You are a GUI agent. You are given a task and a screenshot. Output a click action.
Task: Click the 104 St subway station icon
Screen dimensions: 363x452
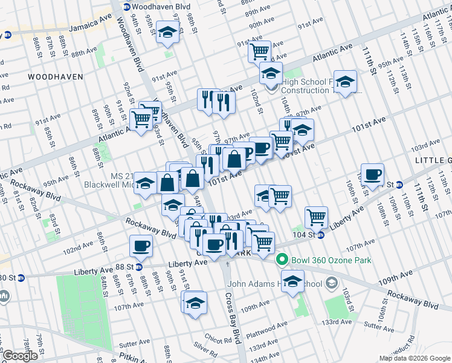pos(321,235)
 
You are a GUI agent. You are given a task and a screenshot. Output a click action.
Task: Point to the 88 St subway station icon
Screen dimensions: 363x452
pos(138,266)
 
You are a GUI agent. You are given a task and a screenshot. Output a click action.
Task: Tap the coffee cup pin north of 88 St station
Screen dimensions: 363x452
pos(141,245)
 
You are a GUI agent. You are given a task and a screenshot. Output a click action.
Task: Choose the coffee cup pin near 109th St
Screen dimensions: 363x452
pos(372,174)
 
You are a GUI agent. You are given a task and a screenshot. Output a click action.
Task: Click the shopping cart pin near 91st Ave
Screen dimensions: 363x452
pos(259,51)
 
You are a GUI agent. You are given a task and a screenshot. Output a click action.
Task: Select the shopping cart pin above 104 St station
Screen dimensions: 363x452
pos(317,216)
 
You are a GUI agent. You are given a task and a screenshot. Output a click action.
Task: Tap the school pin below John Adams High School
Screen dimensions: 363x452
pos(293,281)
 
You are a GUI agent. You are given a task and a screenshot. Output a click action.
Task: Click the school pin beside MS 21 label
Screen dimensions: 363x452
pos(145,182)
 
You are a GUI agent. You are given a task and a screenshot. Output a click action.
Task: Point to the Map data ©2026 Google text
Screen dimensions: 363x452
pos(415,358)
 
